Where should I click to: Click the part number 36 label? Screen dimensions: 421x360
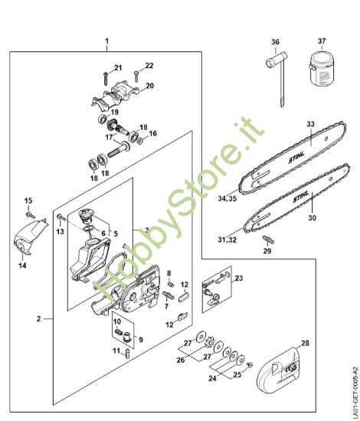pos(275,42)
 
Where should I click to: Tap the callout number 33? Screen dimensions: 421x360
pos(310,123)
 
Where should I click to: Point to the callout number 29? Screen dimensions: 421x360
pos(267,250)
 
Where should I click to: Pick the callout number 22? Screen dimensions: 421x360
pos(149,65)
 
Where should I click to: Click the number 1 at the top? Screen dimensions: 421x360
pos(106,40)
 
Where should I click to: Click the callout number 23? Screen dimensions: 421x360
pos(238,278)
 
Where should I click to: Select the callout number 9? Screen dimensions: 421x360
pos(140,338)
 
